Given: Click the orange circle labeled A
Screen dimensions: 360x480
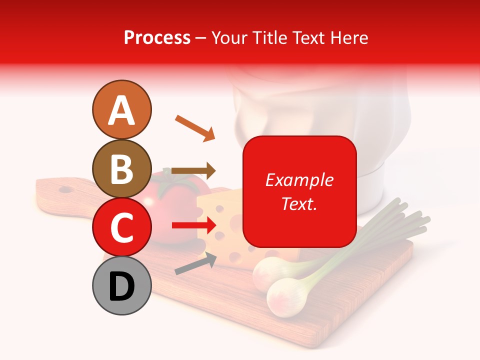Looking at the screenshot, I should tap(121, 109).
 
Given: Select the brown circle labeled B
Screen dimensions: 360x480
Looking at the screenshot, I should tap(121, 168).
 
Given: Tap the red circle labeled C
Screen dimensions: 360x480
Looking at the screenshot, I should tap(121, 227).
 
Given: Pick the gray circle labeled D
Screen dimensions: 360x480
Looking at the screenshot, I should tap(121, 286).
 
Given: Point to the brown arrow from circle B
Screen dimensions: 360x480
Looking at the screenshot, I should tap(193, 170).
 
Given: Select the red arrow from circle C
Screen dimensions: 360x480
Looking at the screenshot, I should tap(193, 225).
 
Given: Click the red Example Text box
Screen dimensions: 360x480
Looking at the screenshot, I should tap(299, 191).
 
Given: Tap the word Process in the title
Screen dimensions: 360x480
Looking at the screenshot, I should tap(157, 37).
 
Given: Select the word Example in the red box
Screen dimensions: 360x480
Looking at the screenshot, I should tap(299, 180).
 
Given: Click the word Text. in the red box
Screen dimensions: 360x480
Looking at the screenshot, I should tap(299, 203).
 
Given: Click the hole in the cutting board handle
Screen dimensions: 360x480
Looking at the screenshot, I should tap(65, 189).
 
